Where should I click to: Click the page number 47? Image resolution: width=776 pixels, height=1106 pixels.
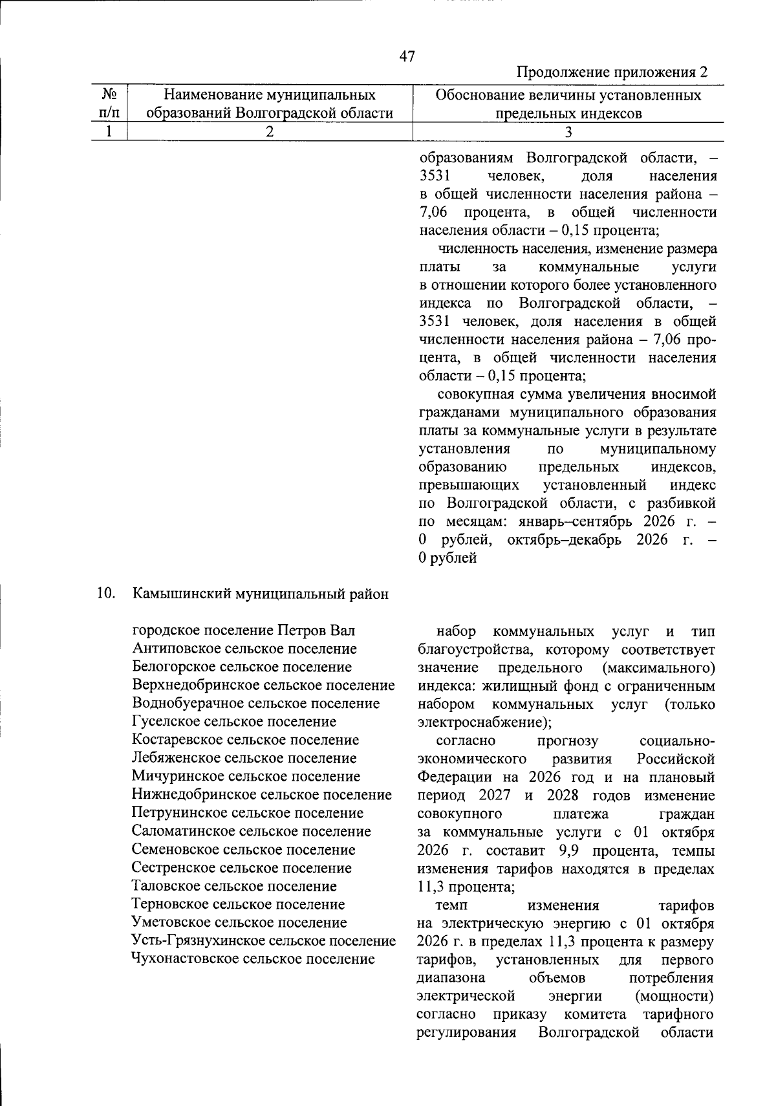pos(407,56)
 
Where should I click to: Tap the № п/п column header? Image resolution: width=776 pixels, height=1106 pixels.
pos(109,104)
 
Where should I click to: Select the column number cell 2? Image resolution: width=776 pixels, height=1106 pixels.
pos(269,131)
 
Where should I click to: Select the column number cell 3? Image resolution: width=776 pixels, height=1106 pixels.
pos(568,131)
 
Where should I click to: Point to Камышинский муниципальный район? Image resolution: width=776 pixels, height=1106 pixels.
pos(260,594)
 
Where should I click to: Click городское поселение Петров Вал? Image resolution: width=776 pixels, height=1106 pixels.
pos(243,631)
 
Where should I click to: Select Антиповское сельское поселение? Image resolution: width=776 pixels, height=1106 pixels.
pos(244,649)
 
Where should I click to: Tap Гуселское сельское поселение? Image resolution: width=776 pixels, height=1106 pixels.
pos(233,721)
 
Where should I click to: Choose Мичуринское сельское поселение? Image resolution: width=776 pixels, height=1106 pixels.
pos(246,776)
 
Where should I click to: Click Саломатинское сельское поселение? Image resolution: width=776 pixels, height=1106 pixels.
pos(251,831)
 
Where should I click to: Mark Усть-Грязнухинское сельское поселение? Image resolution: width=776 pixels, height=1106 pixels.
pos(263,940)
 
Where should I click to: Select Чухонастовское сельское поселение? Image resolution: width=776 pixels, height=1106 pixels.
pos(253,959)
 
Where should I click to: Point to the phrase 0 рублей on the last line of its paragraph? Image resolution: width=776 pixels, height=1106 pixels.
pos(447,558)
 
